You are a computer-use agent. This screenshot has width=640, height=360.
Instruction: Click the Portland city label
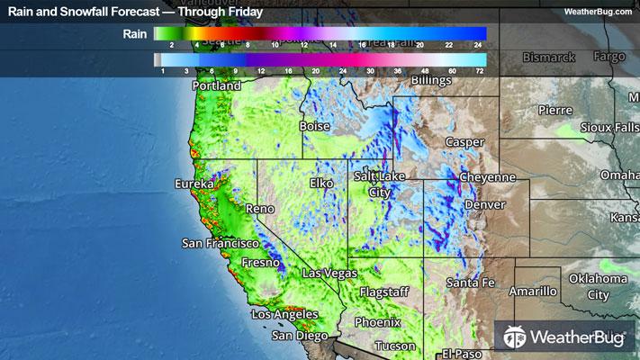(217, 86)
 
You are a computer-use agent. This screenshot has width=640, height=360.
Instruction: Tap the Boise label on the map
(315, 127)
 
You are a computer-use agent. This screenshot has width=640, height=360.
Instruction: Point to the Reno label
(259, 209)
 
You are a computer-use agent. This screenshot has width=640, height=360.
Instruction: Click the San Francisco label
(221, 244)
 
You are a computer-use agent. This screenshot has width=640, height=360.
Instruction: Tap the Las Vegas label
(329, 273)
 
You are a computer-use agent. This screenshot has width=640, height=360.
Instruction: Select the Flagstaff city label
(384, 292)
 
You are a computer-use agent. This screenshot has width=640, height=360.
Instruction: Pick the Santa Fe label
(471, 283)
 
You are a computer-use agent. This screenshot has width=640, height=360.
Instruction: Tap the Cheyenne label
(487, 178)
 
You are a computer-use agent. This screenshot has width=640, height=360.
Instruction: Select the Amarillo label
(532, 292)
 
